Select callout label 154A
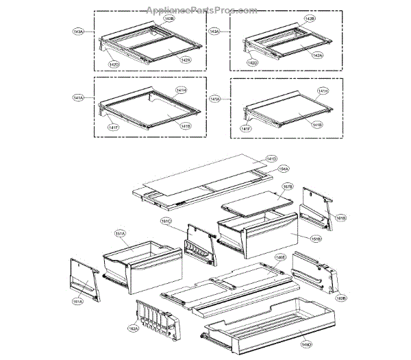tap(283, 169)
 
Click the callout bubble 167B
tap(288, 187)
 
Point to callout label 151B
tap(297, 239)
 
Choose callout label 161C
tap(166, 221)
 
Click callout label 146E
tap(279, 258)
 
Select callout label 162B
tap(340, 298)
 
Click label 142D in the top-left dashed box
tap(114, 64)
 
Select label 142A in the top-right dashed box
tap(317, 55)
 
